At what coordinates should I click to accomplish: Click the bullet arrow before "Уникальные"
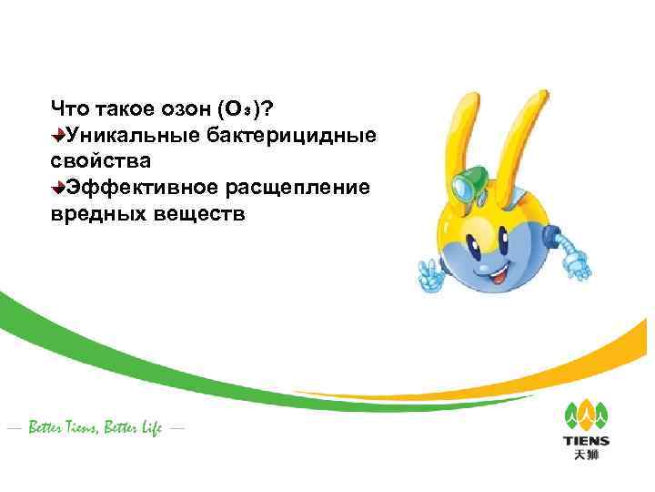[57, 136]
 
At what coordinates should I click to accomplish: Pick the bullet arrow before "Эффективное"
[57, 188]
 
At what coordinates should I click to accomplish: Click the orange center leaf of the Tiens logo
[586, 413]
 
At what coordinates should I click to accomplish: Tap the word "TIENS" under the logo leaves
[587, 442]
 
